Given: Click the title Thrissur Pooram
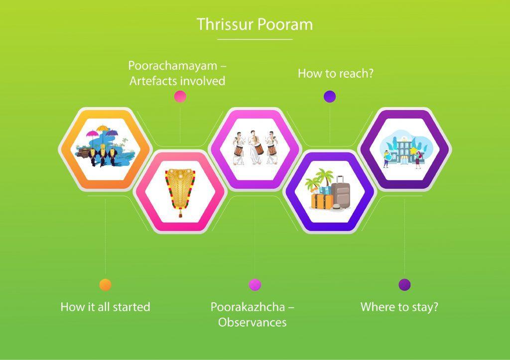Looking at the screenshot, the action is tap(255, 24).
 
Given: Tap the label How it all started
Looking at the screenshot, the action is tap(106, 307).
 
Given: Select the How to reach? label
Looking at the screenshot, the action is tap(336, 74).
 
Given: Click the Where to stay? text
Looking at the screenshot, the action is tap(399, 307).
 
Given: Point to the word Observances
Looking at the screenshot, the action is tap(253, 322).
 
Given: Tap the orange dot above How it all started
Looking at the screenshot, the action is tap(106, 284).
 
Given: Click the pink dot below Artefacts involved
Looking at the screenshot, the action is tap(180, 96).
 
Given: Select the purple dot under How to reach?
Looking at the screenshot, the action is tap(330, 97).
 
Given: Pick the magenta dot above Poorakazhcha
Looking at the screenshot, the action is tap(255, 284).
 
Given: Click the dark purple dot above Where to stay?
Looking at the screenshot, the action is tap(404, 284).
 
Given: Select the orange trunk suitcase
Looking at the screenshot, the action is tap(322, 201).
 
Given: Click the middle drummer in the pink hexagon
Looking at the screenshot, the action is tap(255, 147).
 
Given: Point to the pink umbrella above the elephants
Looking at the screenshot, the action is tap(92, 134).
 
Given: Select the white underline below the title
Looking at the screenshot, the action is tap(255, 39).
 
